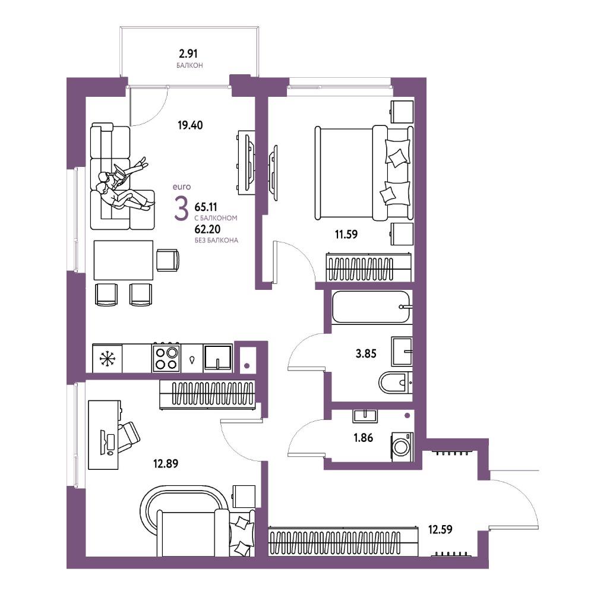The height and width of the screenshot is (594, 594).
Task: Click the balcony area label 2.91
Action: click(188, 53)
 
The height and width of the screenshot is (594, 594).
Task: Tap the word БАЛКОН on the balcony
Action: click(189, 65)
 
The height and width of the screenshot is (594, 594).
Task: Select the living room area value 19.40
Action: click(190, 125)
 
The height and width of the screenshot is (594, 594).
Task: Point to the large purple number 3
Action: click(181, 208)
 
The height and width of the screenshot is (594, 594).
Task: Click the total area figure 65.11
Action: click(206, 207)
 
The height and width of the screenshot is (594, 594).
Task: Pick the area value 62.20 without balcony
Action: click(207, 229)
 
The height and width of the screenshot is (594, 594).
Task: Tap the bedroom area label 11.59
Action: click(346, 234)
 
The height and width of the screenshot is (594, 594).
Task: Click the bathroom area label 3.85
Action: click(366, 353)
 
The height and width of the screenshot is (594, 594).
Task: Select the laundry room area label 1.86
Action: click(364, 438)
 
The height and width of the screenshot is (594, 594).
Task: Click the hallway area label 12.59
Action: click(440, 529)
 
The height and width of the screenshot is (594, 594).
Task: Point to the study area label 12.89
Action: click(166, 463)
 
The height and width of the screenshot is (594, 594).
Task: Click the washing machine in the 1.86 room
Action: click(402, 447)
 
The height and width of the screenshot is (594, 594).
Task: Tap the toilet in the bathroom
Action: click(395, 383)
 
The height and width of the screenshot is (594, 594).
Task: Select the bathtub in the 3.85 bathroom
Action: click(371, 307)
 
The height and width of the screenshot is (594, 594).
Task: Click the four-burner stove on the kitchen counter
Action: click(166, 358)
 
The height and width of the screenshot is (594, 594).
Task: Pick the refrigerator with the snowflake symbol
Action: click(107, 358)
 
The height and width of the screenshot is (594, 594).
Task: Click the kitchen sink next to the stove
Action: click(218, 358)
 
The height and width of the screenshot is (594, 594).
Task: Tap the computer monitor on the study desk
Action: click(103, 442)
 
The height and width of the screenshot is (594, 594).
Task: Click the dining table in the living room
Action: click(124, 260)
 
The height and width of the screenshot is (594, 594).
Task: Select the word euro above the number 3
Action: click(182, 187)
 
